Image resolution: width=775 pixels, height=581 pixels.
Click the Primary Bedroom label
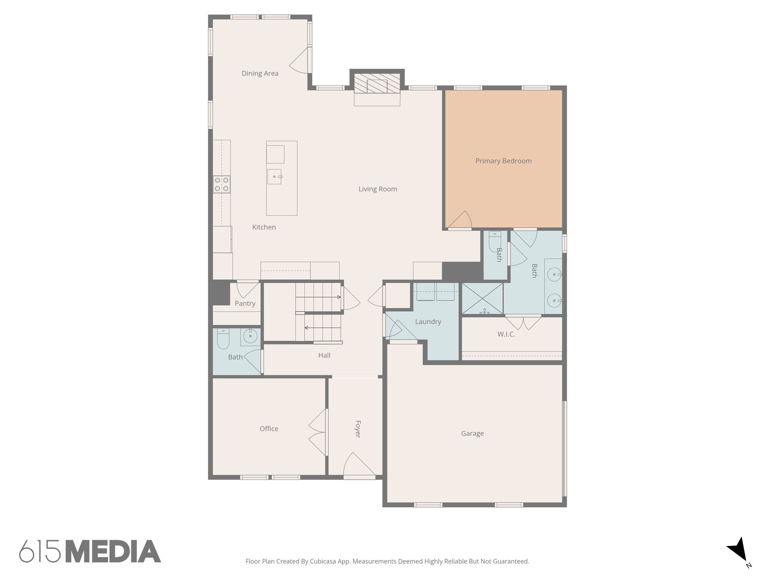tap(503, 161)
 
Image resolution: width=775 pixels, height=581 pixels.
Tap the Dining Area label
tap(260, 73)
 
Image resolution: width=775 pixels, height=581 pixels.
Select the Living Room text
tap(378, 189)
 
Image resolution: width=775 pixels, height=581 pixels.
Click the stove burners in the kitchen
tap(221, 184)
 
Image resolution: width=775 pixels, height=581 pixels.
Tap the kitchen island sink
tap(275, 177)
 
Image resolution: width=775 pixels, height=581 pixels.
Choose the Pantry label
tap(245, 303)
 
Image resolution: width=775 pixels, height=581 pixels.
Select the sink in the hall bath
tap(250, 336)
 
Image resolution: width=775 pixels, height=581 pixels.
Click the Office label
tap(269, 429)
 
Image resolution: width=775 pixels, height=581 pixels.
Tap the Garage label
tap(472, 433)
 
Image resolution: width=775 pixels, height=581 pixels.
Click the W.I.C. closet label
tap(506, 334)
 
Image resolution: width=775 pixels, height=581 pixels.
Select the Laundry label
tap(428, 322)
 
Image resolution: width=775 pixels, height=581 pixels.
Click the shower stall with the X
tap(482, 298)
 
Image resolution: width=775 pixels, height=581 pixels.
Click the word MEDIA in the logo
tap(113, 551)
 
